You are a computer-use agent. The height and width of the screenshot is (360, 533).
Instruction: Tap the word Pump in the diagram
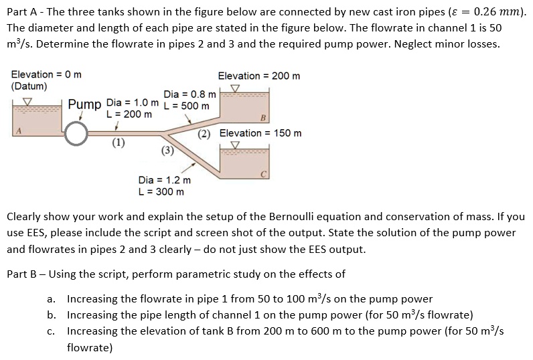(84, 105)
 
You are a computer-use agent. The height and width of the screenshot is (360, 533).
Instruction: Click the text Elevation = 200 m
(259, 76)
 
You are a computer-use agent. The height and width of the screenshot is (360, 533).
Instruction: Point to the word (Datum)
(29, 86)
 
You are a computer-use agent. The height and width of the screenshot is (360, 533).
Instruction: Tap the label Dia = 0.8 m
(189, 95)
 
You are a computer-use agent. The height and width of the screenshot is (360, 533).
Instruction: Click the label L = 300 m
(161, 192)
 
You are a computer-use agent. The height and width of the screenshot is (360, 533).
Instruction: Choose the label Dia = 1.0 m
(133, 103)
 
